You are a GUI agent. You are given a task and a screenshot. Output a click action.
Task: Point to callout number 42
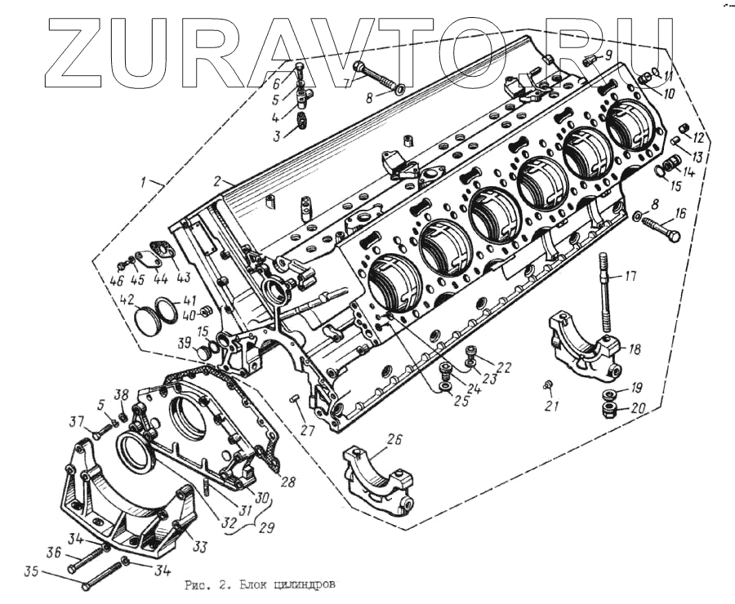tap(127, 300)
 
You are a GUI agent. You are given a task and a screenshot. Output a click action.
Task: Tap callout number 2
tap(219, 180)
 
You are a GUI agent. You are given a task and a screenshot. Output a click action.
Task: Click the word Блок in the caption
tap(246, 585)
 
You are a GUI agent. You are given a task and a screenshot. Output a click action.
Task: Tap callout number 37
tap(76, 421)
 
